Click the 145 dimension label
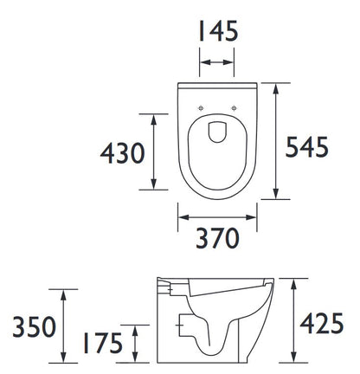click(218, 30)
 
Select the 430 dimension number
click(122, 153)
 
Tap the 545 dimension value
click(306, 146)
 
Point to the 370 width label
click(217, 238)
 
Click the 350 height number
click(34, 326)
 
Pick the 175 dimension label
click(103, 343)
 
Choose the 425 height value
click(322, 323)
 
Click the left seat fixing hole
click(201, 108)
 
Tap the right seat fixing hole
click(235, 108)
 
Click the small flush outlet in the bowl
click(217, 132)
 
